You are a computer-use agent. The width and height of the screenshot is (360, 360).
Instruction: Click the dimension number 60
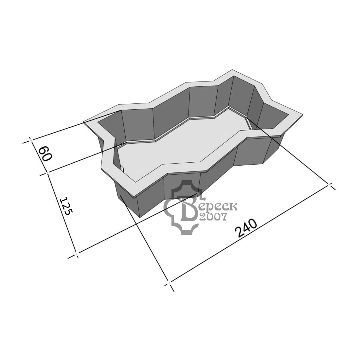(45, 154)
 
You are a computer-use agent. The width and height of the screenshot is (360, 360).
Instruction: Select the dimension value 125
(66, 206)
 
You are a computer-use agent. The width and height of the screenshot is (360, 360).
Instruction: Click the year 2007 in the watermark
(213, 217)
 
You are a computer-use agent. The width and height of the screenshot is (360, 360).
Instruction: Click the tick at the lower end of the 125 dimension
(77, 254)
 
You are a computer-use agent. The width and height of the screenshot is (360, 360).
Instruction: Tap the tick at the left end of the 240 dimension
(169, 282)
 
